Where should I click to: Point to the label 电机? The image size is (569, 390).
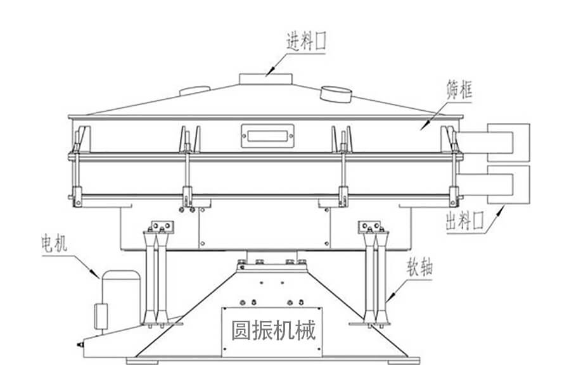tap(54, 242)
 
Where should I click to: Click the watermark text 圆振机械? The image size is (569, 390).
tap(273, 330)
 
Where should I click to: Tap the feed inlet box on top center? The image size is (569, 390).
tap(265, 79)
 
